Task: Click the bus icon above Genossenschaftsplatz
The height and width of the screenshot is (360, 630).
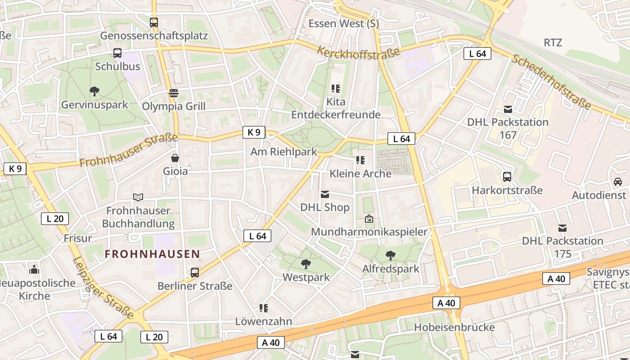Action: pyautogui.click(x=154, y=22)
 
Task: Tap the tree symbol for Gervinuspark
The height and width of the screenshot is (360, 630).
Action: pyautogui.click(x=94, y=92)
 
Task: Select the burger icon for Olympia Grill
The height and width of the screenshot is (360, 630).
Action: pyautogui.click(x=174, y=93)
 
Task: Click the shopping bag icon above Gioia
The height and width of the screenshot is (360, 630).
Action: pyautogui.click(x=175, y=158)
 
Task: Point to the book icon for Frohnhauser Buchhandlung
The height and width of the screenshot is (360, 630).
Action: pyautogui.click(x=138, y=197)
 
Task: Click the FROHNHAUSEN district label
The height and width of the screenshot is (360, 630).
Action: pyautogui.click(x=152, y=254)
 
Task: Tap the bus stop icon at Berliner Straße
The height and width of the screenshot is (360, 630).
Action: pyautogui.click(x=195, y=272)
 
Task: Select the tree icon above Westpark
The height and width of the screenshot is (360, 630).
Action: pyautogui.click(x=306, y=264)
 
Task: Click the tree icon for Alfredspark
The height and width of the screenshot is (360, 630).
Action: pyautogui.click(x=391, y=256)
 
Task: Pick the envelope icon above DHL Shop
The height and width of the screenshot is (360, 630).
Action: pyautogui.click(x=325, y=194)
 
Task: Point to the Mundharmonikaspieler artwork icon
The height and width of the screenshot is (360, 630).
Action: pyautogui.click(x=369, y=219)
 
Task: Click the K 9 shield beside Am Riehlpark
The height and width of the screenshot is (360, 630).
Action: pyautogui.click(x=254, y=132)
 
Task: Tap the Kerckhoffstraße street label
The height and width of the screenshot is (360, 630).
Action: pyautogui.click(x=358, y=52)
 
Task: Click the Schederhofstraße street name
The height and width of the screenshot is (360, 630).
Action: pyautogui.click(x=551, y=82)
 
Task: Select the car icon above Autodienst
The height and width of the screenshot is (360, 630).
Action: pyautogui.click(x=617, y=182)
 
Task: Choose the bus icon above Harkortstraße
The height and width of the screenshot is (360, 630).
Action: pyautogui.click(x=507, y=177)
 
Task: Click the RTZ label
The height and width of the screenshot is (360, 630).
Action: pyautogui.click(x=553, y=43)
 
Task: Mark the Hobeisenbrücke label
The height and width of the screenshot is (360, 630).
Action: pyautogui.click(x=454, y=327)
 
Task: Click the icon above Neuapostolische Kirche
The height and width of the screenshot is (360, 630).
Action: pyautogui.click(x=34, y=270)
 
